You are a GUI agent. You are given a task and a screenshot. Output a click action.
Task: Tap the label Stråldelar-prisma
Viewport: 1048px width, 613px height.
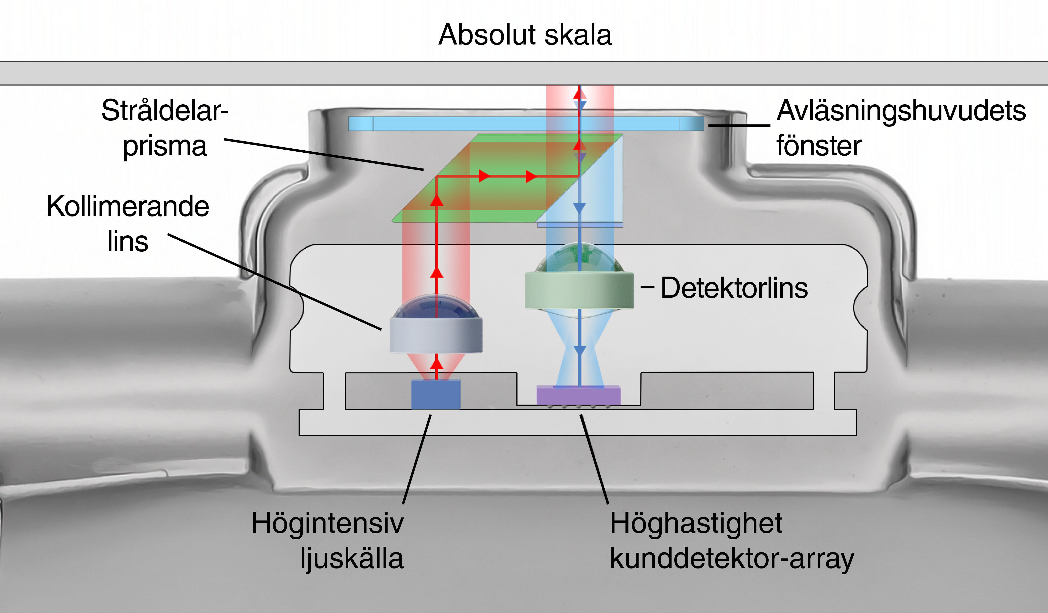coord(165,128)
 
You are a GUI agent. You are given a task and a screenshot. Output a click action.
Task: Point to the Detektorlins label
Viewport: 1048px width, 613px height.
coord(734,288)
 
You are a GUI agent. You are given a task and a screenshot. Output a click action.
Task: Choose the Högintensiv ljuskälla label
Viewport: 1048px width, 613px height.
coord(328,540)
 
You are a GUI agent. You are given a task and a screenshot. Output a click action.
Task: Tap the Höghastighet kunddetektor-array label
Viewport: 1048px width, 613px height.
coord(732,540)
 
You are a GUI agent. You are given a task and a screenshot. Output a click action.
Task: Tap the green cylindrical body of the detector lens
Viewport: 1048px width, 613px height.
coord(579,290)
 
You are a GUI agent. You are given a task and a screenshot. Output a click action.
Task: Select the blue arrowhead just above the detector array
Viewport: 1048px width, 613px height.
coord(579,350)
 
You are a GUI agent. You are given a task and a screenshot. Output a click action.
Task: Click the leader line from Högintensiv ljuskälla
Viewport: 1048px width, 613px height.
coord(417,460)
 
